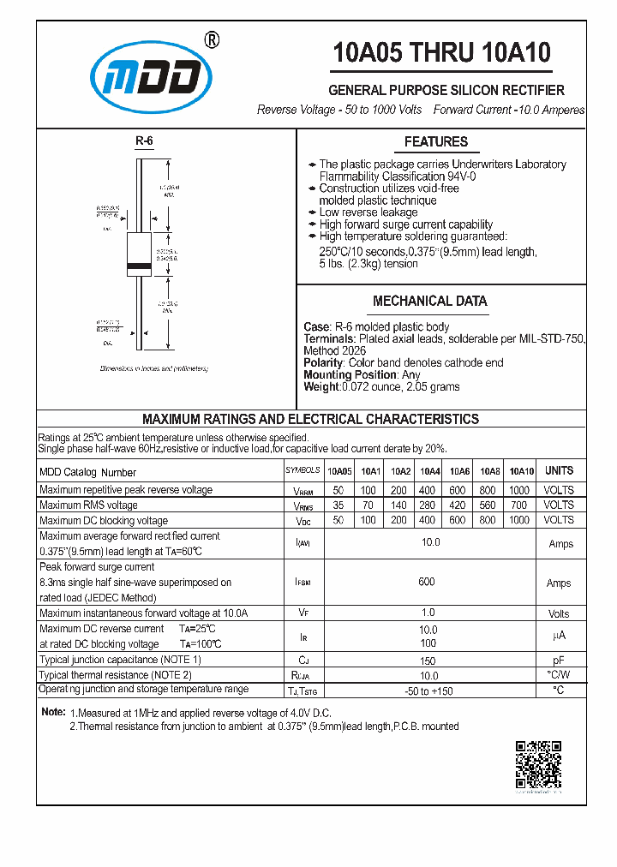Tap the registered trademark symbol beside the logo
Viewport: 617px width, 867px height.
point(213,39)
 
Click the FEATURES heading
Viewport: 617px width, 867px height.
point(436,142)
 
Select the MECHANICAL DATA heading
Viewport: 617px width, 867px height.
point(430,302)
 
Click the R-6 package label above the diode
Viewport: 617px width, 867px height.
point(143,142)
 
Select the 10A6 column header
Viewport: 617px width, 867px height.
point(459,471)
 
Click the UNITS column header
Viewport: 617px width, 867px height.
point(559,470)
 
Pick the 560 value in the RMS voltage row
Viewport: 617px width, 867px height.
point(489,505)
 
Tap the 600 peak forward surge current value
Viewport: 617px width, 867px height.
point(427,582)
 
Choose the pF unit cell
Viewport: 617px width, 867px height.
point(558,661)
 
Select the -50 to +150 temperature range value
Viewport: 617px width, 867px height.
point(428,691)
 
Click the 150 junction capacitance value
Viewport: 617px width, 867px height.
point(428,661)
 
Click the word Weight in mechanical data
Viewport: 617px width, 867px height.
point(321,387)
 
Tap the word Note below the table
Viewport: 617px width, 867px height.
point(53,713)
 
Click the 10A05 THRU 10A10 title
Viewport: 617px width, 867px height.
point(441,53)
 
